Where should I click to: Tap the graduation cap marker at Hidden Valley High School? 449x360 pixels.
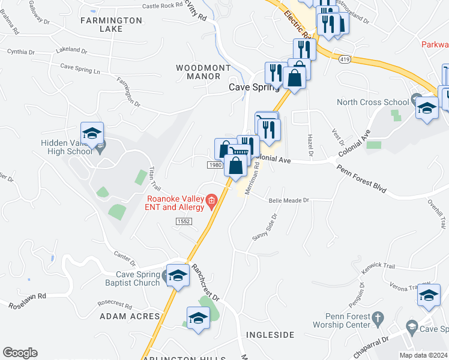click(x=92, y=134)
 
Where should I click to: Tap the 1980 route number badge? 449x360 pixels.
click(x=215, y=165)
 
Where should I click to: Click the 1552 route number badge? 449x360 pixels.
click(x=184, y=221)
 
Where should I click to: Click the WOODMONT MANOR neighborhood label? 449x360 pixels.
click(x=202, y=73)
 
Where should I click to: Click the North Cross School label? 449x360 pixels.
click(x=368, y=102)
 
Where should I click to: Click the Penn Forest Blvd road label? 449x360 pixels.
click(x=361, y=178)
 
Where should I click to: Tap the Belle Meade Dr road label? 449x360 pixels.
click(x=289, y=200)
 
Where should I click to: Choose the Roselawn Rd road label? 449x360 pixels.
click(x=28, y=301)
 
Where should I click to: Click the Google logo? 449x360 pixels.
click(x=20, y=353)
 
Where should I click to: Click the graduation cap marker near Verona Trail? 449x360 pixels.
click(x=429, y=295)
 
